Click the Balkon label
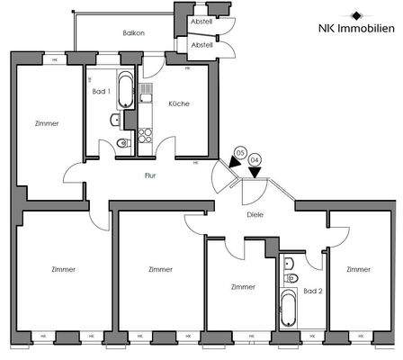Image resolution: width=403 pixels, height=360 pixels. (135, 33)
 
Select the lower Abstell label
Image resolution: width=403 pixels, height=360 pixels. (202, 44)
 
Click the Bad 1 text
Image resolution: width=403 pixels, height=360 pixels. (101, 92)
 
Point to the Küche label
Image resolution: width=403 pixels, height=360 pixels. (178, 103)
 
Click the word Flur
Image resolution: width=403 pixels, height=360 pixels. (150, 175)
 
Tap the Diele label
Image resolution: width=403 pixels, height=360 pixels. (254, 214)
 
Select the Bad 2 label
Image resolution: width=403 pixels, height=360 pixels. (312, 292)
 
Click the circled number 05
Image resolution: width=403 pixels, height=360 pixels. (238, 154)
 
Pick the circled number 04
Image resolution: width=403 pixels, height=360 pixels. (255, 160)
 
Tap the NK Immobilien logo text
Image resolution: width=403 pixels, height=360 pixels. (357, 29)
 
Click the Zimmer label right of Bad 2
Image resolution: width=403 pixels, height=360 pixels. (358, 269)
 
